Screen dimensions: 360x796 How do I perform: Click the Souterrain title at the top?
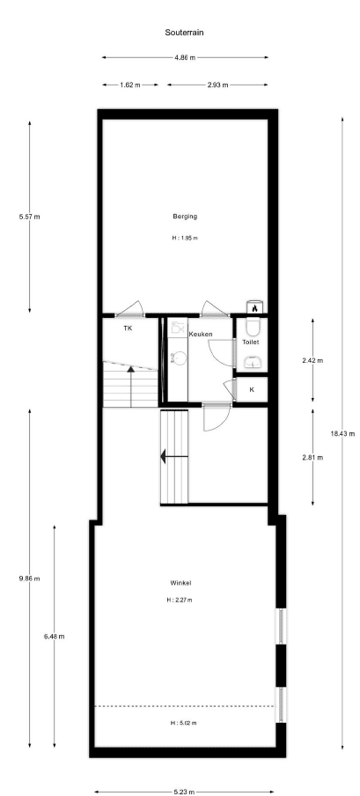tap(184, 33)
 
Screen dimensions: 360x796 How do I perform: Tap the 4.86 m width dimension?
tap(185, 58)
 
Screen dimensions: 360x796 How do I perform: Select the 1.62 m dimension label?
tap(130, 85)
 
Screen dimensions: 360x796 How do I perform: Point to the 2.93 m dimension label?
tap(217, 85)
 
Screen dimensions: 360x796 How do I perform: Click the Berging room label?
tap(185, 217)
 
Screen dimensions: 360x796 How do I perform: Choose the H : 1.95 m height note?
tap(185, 238)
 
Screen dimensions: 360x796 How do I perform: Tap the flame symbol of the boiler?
tap(254, 307)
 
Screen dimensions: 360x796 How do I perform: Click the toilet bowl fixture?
tap(253, 326)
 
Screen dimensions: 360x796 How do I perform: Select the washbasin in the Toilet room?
tap(253, 362)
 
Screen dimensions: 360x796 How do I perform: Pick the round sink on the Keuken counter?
tap(178, 358)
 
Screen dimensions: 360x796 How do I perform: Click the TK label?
tap(128, 328)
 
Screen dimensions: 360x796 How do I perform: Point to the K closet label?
tap(252, 390)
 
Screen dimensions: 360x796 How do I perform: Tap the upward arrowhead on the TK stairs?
tap(131, 369)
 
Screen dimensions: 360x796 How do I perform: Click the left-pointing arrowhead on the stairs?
tap(164, 456)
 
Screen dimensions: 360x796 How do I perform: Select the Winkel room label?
tap(180, 583)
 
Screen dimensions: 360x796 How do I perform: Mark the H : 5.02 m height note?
tap(183, 723)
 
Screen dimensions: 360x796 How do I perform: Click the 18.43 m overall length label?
tap(342, 433)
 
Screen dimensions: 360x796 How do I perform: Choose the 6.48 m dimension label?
tap(55, 637)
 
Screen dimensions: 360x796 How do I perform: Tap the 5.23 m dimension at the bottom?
tap(184, 792)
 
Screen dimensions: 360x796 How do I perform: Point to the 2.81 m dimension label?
tap(312, 457)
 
